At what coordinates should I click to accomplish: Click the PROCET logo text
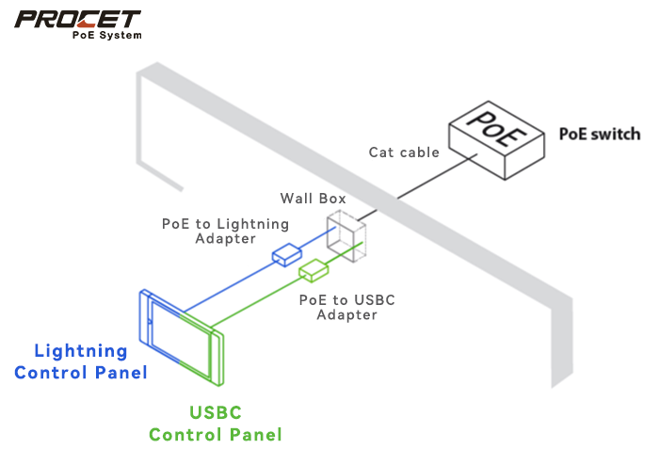click(77, 19)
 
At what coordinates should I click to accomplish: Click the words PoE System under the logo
click(107, 36)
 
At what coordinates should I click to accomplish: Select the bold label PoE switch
click(600, 134)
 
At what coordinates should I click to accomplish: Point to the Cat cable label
click(404, 152)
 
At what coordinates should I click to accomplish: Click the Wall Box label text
click(313, 199)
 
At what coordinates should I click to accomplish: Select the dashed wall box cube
click(345, 234)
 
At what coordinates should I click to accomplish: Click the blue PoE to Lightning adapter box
click(286, 253)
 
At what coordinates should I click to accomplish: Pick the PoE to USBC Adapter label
click(346, 307)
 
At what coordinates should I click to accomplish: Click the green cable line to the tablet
click(264, 301)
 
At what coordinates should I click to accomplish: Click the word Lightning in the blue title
click(80, 351)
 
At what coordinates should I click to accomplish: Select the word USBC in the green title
click(216, 412)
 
